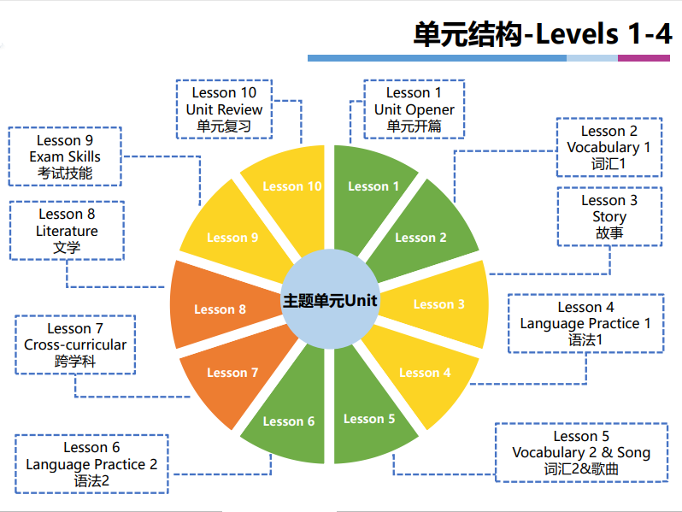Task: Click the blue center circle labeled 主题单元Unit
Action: click(x=330, y=301)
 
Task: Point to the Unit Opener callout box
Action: click(x=414, y=109)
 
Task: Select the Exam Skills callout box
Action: click(x=65, y=156)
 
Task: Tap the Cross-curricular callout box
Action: click(x=75, y=344)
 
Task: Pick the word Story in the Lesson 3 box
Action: click(x=609, y=216)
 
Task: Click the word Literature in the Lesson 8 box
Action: click(x=67, y=231)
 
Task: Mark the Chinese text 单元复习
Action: click(x=224, y=127)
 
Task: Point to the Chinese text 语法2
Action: click(x=91, y=480)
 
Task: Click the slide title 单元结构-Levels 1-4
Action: click(x=542, y=33)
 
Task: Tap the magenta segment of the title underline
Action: click(x=644, y=58)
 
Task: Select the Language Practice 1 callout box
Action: click(x=585, y=323)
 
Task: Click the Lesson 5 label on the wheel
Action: click(x=369, y=419)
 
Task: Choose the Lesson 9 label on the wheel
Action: click(x=232, y=238)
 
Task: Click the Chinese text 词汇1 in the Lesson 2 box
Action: click(x=609, y=163)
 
